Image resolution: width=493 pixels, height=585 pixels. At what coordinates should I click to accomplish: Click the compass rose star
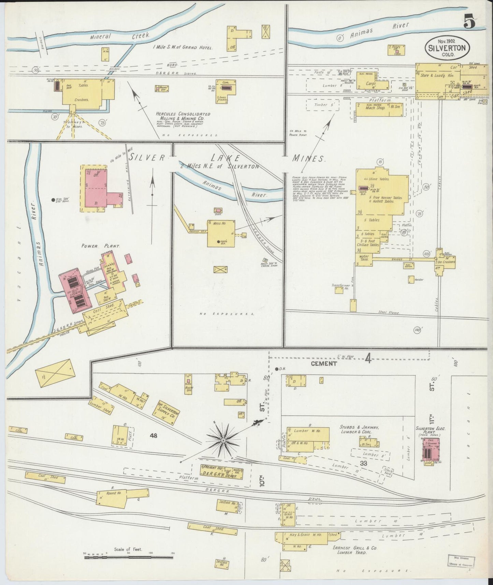click(223, 441)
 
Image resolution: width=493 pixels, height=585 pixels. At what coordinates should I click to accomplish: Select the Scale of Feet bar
click(129, 558)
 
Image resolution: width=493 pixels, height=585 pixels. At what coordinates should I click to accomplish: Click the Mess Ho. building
click(221, 233)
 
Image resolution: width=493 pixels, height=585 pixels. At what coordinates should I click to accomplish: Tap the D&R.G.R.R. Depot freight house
click(222, 472)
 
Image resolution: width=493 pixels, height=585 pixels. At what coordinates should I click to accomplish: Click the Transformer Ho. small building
click(339, 290)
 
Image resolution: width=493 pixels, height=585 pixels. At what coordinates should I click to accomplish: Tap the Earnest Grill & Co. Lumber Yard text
click(352, 550)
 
